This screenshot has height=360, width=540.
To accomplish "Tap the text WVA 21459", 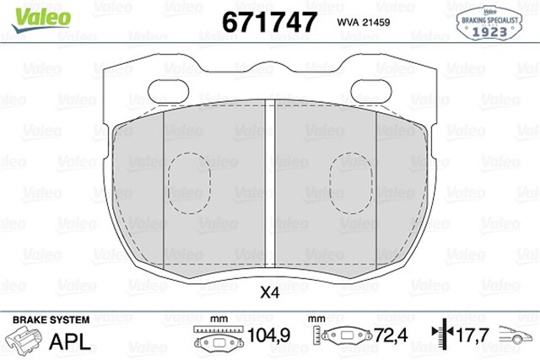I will pyautogui.click(x=364, y=21).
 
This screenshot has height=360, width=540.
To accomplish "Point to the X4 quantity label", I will pyautogui.click(x=270, y=293).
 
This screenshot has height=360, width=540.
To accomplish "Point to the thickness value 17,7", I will pyautogui.click(x=473, y=336).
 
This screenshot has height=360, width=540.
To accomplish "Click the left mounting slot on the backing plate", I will pyautogui.click(x=176, y=89).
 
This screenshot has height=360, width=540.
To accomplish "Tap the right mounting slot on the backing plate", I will pyautogui.click(x=365, y=89).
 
